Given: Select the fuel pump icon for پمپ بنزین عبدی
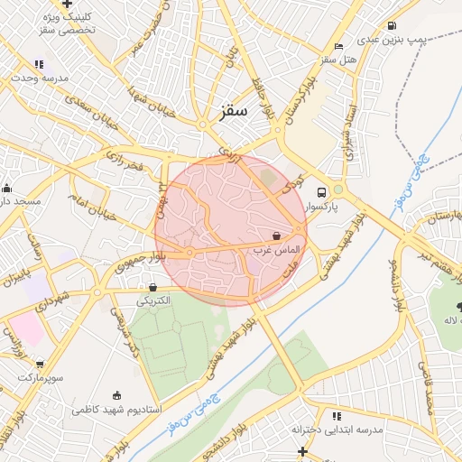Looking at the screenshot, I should pos(391,26).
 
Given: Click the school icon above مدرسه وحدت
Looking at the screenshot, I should pos(38,64).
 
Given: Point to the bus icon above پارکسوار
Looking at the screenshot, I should pos(320,192).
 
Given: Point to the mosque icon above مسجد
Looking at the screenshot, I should pos(7,188).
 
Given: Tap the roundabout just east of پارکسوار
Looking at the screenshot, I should pos(338,189).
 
